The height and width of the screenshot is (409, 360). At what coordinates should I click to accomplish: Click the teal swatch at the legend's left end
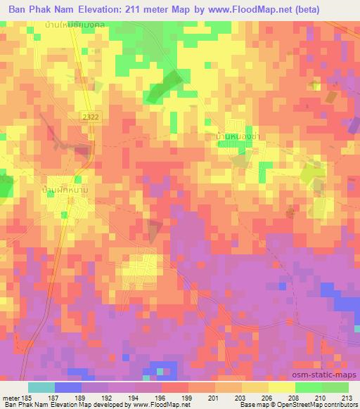41,387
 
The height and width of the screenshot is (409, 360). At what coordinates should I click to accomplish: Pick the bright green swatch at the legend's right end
335,387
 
